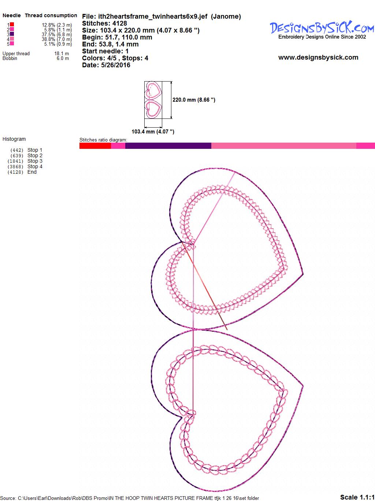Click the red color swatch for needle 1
[12, 25]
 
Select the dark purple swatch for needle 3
[12, 34]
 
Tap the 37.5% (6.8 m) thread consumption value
[57, 34]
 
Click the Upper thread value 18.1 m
[62, 53]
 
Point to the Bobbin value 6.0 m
[63, 58]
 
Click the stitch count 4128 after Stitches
[120, 23]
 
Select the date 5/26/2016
[116, 65]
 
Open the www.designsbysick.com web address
[318, 57]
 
